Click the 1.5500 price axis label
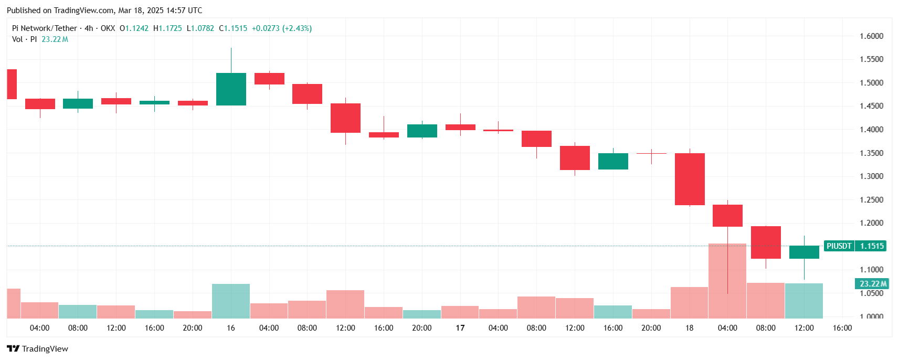tap(871, 59)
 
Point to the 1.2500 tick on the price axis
tap(871, 199)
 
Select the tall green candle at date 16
tap(231, 89)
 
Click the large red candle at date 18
tap(690, 179)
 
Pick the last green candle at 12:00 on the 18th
tap(804, 252)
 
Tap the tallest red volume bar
tap(727, 281)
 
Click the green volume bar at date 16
tap(231, 301)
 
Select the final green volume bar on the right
tap(804, 301)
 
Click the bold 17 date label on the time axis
tap(460, 328)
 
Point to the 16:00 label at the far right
tap(842, 328)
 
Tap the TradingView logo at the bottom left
tap(37, 349)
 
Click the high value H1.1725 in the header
tap(168, 28)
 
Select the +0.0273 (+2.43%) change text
tap(282, 28)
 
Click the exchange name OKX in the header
tap(108, 28)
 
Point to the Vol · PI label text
tap(25, 39)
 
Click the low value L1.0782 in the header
tap(200, 28)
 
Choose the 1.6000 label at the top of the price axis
tap(871, 36)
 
